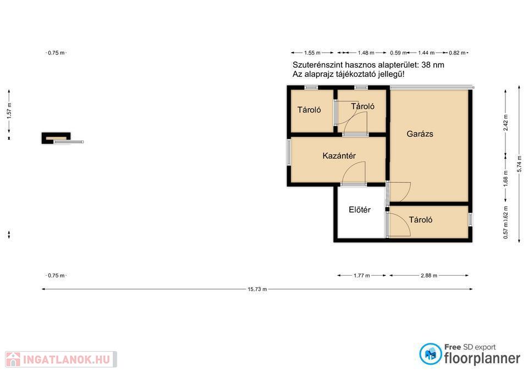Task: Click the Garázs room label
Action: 420,134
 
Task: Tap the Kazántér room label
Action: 339,155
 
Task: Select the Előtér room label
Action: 360,210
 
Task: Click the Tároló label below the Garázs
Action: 421,220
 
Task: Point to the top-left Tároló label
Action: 309,110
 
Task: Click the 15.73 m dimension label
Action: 257,290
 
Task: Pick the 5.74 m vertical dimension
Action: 519,164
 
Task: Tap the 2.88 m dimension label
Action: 428,275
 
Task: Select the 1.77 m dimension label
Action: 362,275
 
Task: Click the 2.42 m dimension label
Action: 505,123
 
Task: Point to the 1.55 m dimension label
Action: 312,53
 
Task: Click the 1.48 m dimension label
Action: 366,53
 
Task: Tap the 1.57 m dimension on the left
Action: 9,110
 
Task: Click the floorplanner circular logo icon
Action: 430,354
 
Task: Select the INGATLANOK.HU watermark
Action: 61,360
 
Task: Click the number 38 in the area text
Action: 426,65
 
